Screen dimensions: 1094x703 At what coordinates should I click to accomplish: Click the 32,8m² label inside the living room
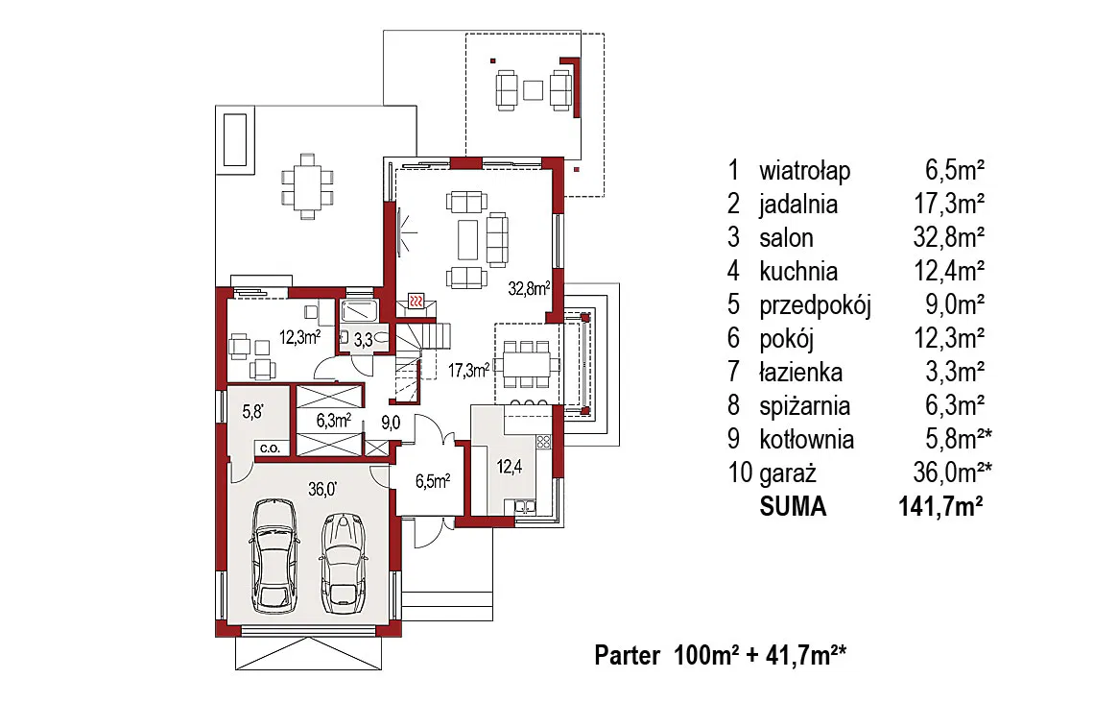point(529,287)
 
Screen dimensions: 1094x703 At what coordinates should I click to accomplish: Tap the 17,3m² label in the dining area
point(468,370)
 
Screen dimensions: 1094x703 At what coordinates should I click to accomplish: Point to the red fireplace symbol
point(416,301)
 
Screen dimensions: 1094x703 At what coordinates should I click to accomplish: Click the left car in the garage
point(275,556)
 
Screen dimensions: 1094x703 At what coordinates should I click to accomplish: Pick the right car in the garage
point(344,564)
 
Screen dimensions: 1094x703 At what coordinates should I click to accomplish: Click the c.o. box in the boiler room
point(270,448)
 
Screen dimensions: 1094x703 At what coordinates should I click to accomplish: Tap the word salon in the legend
point(786,238)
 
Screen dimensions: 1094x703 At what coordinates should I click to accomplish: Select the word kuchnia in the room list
point(798,271)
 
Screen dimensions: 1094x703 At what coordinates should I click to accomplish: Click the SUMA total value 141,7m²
point(940,506)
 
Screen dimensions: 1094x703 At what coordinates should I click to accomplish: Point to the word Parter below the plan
point(628,656)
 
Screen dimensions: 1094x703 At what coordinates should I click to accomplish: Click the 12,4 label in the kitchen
point(510,466)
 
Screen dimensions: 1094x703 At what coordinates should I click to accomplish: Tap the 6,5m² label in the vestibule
point(433,481)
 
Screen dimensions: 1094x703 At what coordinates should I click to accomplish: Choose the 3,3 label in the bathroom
point(363,341)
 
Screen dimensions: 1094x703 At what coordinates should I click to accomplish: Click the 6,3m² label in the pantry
point(334,421)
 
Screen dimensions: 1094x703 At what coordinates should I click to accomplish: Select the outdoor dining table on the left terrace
point(308,186)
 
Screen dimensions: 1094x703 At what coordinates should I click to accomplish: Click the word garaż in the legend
point(788,474)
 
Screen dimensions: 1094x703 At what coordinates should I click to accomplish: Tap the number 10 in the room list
point(740,473)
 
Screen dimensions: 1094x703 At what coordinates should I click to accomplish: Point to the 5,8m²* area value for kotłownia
point(958,439)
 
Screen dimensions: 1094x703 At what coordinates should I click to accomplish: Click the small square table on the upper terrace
point(533,90)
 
